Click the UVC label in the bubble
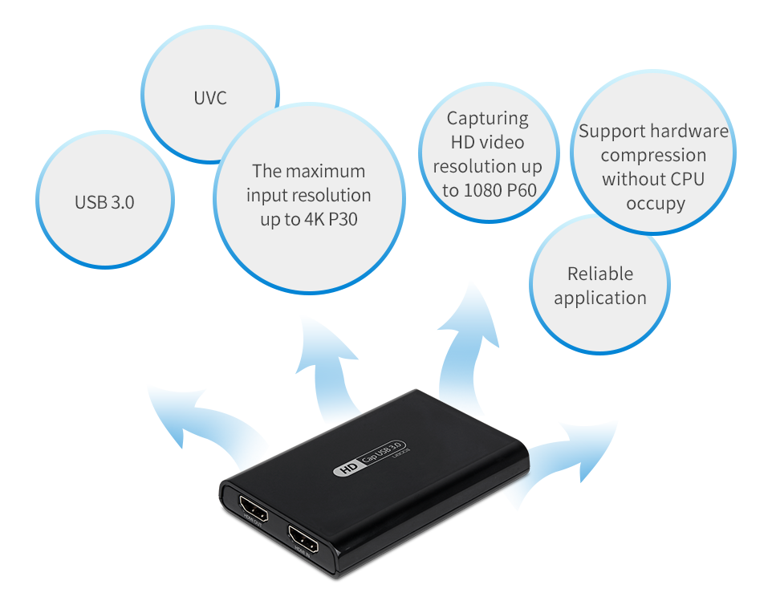point(210,98)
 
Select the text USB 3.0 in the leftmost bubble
point(104,202)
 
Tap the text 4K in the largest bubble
point(313,219)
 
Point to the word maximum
point(325,171)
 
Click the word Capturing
point(488,119)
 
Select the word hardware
point(689,132)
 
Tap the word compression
point(653,156)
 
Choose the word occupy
point(656,204)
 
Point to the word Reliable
point(600,274)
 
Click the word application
point(600,298)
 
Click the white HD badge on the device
point(347,469)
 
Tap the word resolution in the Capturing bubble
point(488,167)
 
